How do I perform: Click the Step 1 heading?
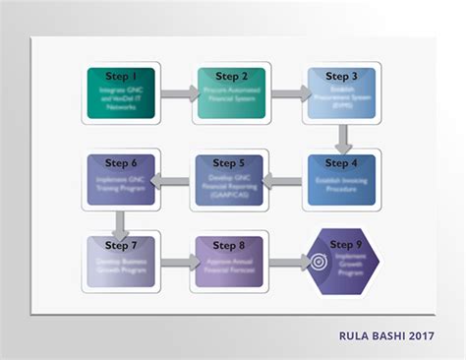coord(121,76)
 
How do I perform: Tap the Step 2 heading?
coord(231,76)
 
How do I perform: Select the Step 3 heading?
coord(341,76)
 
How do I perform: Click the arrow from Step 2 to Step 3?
coord(287,94)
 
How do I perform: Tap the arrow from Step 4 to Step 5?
coord(286,180)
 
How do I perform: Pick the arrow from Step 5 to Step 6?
coord(176,180)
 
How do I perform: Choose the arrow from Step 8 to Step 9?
coord(287,263)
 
